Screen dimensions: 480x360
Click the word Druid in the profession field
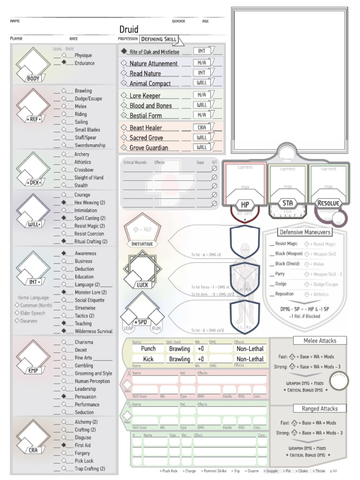[129, 30]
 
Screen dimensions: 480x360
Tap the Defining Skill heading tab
[159, 39]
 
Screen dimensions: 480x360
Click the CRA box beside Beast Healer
[202, 127]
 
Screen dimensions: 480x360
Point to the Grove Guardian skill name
[149, 148]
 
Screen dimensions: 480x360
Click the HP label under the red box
[245, 205]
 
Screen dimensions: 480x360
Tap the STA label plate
[288, 203]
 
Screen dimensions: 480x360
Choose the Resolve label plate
[328, 203]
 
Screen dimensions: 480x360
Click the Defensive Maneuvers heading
[305, 232]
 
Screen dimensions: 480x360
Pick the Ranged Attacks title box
[320, 408]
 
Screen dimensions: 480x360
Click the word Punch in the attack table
[148, 349]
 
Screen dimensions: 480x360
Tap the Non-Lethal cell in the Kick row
[250, 359]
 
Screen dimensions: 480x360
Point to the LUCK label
[142, 285]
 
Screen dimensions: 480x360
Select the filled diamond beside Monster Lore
[64, 292]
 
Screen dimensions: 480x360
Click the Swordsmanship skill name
[90, 145]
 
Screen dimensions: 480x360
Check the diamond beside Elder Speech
[17, 313]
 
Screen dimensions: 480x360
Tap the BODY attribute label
[33, 79]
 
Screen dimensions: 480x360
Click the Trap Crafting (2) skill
[90, 468]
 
